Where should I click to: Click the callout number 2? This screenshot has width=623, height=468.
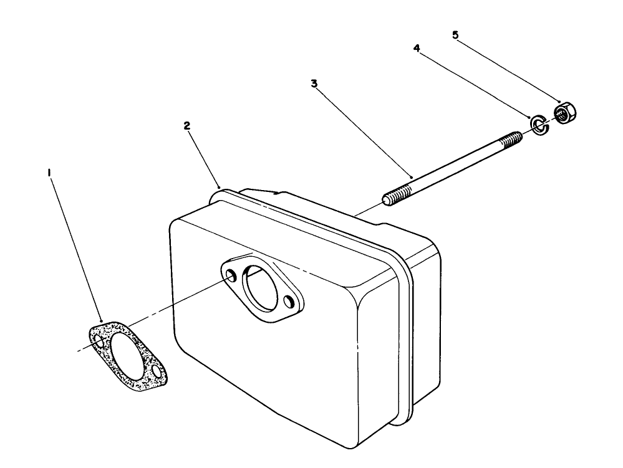point(186,125)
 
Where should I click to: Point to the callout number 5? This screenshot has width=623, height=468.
point(455,35)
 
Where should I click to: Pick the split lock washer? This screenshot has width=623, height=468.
point(538,123)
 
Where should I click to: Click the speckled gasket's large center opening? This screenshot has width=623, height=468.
point(125,352)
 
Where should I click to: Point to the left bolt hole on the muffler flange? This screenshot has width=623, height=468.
point(232,275)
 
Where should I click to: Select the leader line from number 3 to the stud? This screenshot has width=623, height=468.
point(365,131)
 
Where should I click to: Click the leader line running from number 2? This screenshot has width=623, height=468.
point(203,156)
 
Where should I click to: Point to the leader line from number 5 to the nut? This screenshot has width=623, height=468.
point(508,69)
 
